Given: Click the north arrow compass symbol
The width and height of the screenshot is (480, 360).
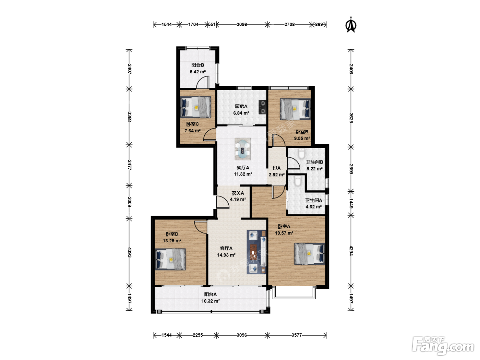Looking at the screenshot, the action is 351,25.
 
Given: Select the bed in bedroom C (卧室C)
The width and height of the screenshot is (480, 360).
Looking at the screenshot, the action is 196,107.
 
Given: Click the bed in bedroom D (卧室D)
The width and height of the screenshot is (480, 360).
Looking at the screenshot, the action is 170,259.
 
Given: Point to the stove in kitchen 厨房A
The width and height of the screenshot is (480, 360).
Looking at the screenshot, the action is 262,107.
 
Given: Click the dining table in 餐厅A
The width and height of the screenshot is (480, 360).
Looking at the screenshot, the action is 242,149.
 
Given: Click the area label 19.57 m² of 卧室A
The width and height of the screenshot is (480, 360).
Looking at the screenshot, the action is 284,233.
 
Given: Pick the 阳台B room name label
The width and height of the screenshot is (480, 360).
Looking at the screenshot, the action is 198,65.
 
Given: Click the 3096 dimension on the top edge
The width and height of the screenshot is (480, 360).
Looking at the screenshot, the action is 242,24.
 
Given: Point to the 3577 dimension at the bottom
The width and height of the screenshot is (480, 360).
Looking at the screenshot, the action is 296,335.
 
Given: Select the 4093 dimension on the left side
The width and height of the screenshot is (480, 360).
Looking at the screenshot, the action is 129,252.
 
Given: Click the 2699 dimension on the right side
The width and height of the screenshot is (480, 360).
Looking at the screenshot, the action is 351,169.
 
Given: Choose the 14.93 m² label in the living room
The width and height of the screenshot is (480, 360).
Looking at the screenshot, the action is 226,255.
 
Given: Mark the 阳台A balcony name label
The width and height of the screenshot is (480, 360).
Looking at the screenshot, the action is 211,295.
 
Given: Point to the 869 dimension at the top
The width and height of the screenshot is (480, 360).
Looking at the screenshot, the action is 319,24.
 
